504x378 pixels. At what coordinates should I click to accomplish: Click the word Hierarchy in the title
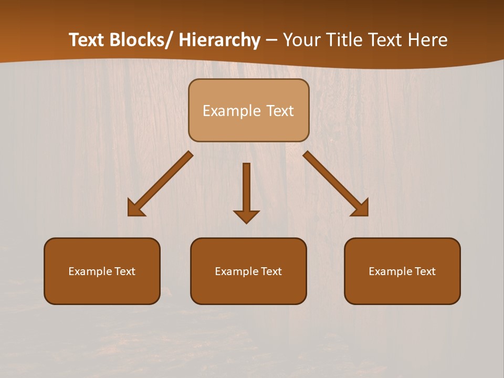click(219, 40)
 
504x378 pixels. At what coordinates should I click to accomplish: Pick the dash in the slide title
click(271, 40)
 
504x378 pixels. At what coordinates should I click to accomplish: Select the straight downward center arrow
click(246, 189)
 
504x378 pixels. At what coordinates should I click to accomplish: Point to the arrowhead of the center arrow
click(246, 216)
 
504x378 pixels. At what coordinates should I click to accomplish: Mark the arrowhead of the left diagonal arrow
click(134, 209)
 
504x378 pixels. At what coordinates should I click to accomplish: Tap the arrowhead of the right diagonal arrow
click(362, 209)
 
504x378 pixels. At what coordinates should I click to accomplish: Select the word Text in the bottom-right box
click(425, 271)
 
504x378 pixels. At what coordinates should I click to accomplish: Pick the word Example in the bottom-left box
click(90, 271)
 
